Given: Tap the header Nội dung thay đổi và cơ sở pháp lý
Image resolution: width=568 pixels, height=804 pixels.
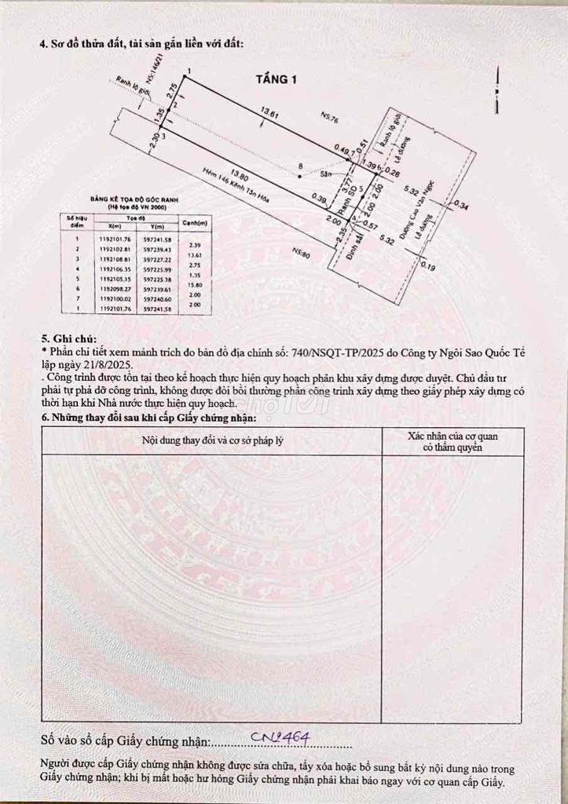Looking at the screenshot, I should click(x=212, y=440).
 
